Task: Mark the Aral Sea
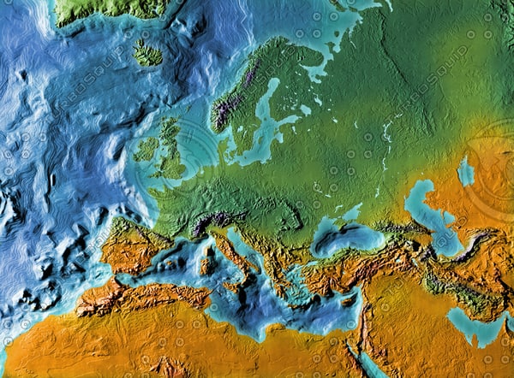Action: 465,172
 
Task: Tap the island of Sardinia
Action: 206,265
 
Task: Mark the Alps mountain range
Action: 210,224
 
